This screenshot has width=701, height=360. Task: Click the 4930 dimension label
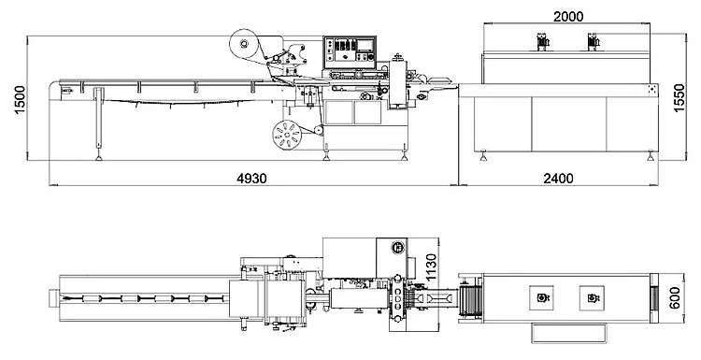click(x=251, y=179)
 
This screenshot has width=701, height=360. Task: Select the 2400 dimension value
click(x=558, y=179)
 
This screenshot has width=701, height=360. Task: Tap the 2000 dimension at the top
click(x=568, y=17)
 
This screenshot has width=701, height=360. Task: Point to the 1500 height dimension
click(x=21, y=99)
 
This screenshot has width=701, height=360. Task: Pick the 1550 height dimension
click(x=679, y=98)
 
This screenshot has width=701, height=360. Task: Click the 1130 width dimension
click(x=431, y=267)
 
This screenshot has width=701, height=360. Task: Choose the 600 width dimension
click(x=675, y=298)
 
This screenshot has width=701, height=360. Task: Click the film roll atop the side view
click(x=244, y=44)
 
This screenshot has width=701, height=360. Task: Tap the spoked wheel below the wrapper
click(x=286, y=135)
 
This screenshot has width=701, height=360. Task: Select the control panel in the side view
click(x=350, y=52)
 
